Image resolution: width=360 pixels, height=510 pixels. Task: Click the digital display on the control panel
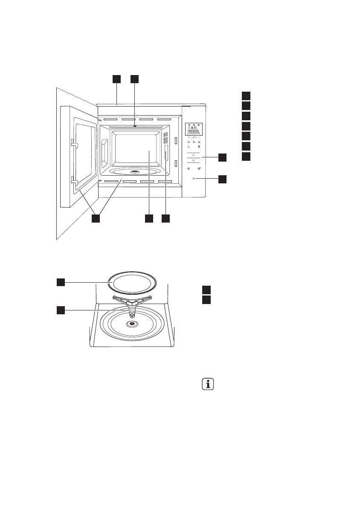(x=194, y=129)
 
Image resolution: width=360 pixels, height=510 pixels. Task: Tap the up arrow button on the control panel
(x=193, y=155)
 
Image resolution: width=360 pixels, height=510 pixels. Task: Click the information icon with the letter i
(x=208, y=384)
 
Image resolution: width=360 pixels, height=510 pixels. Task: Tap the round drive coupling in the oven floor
(x=132, y=324)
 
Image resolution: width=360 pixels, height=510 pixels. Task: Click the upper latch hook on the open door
(x=74, y=145)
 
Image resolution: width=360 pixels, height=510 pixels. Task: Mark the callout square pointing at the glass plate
(x=61, y=281)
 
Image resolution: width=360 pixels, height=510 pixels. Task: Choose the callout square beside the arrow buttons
(x=222, y=158)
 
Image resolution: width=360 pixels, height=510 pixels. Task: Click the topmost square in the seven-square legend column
(x=246, y=95)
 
